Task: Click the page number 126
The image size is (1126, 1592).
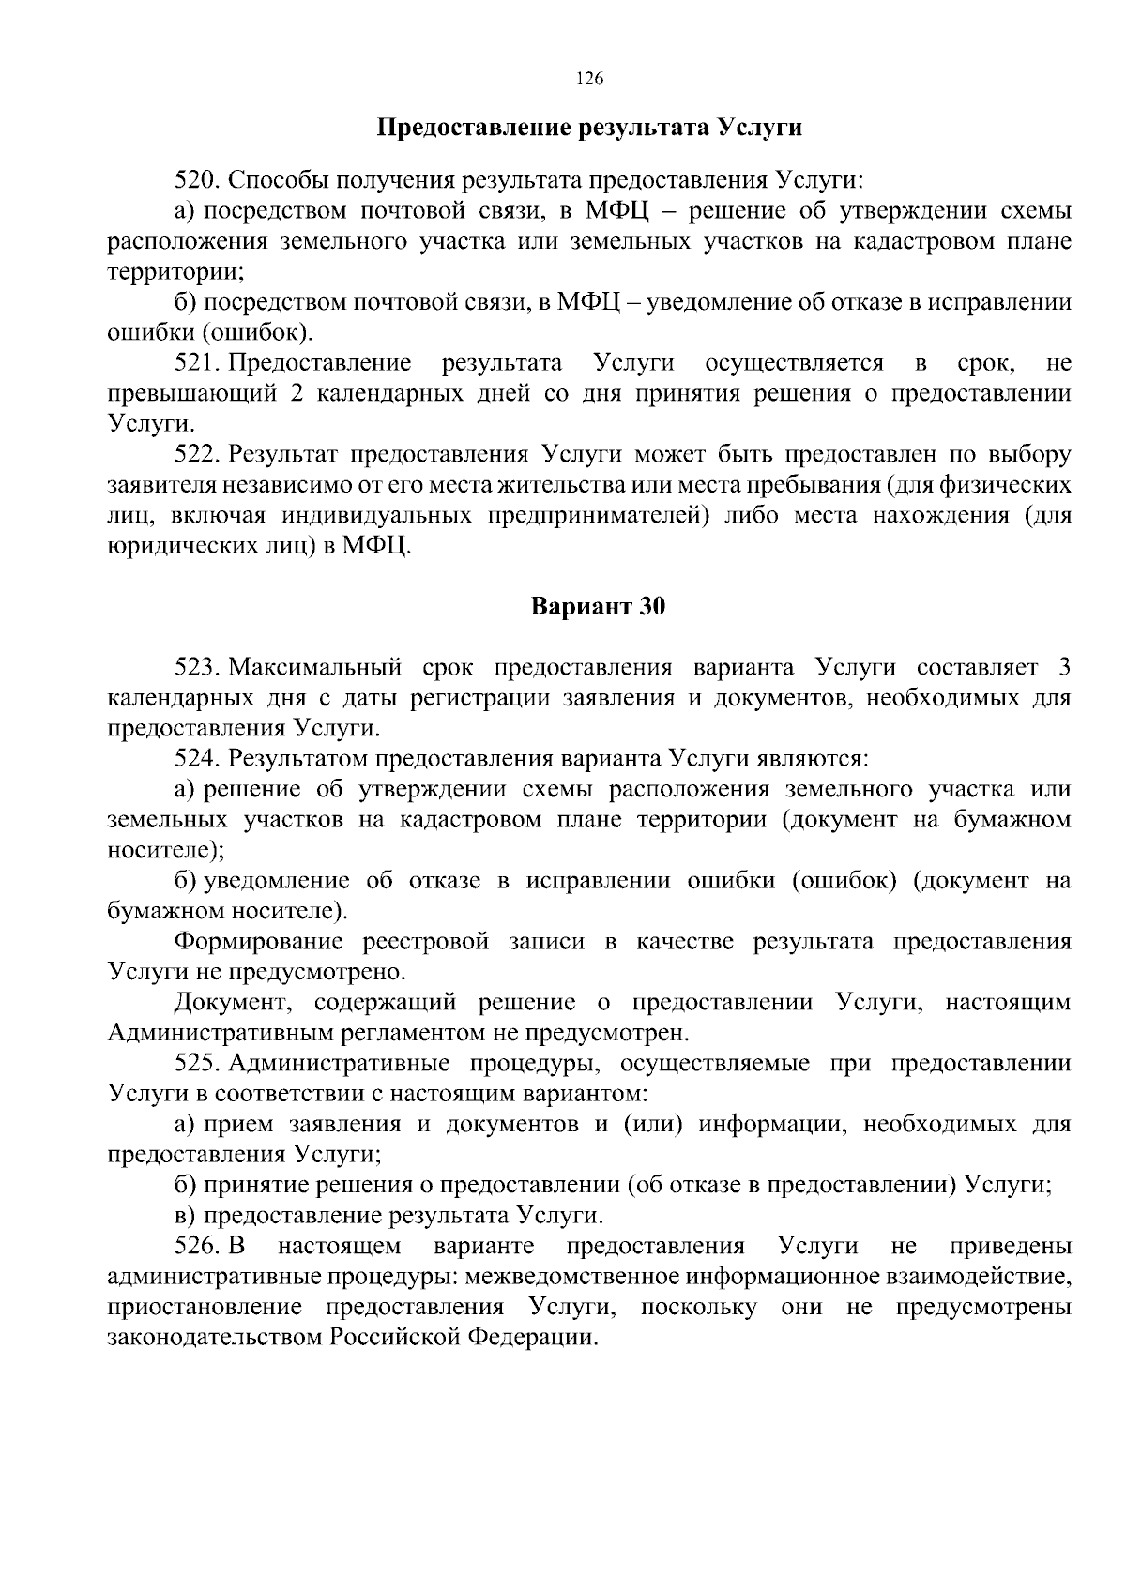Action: tap(588, 79)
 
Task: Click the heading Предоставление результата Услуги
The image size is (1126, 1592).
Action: tap(589, 128)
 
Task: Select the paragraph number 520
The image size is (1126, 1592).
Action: tap(197, 179)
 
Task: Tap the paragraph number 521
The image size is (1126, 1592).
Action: tap(197, 363)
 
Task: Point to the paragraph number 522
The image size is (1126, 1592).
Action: tap(197, 455)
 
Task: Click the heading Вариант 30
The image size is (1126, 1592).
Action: tap(598, 607)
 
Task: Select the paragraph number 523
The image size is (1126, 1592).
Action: tap(197, 668)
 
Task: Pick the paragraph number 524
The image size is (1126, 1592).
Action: tap(197, 758)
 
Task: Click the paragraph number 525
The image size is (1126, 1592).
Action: tap(197, 1064)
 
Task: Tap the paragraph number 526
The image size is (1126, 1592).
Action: tap(197, 1247)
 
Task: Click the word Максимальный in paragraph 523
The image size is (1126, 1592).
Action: tap(315, 668)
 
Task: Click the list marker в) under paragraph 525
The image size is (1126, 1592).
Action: tap(185, 1216)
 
